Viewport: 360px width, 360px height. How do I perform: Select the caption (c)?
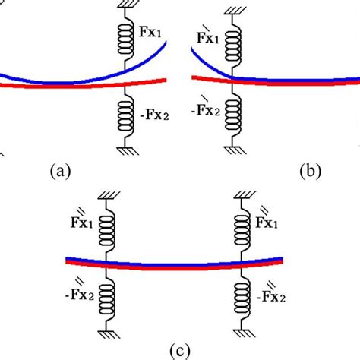[181, 351]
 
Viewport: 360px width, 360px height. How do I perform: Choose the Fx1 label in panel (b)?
[207, 35]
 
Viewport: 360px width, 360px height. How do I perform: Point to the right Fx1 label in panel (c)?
[270, 220]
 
